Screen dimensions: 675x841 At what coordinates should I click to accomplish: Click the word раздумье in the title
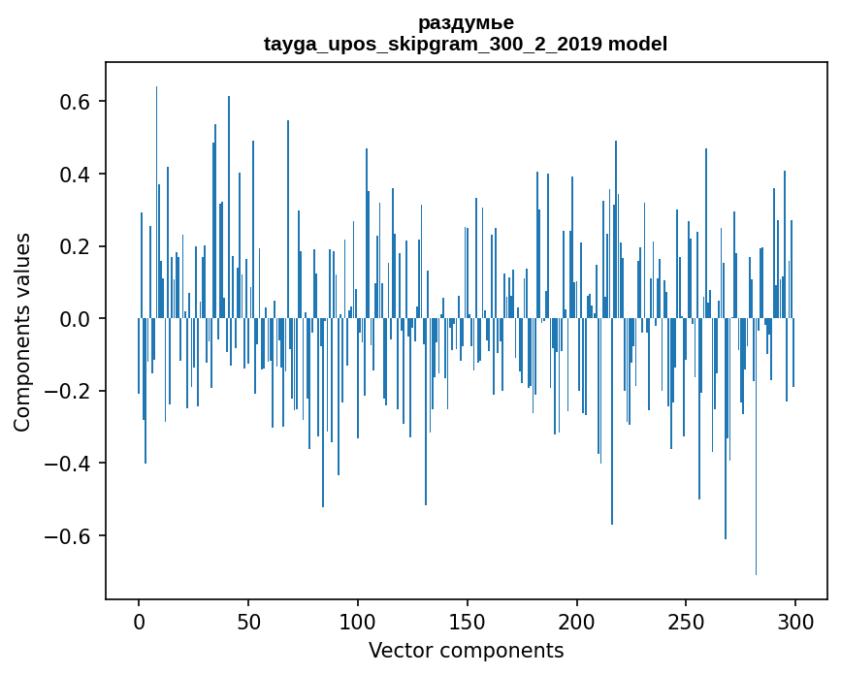(466, 22)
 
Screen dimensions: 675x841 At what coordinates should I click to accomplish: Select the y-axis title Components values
(22, 332)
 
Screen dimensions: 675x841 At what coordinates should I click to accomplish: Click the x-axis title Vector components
(466, 650)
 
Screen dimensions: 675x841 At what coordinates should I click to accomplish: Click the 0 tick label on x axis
(139, 622)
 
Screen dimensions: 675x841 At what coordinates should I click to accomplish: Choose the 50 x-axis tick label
(248, 622)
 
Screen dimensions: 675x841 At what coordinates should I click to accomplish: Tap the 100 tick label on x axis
(358, 622)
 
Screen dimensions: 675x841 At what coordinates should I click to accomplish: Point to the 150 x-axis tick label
(468, 622)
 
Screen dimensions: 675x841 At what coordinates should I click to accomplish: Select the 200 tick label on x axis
(577, 622)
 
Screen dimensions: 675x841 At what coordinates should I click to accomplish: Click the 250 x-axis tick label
(687, 622)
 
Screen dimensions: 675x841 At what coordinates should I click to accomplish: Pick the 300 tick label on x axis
(796, 622)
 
